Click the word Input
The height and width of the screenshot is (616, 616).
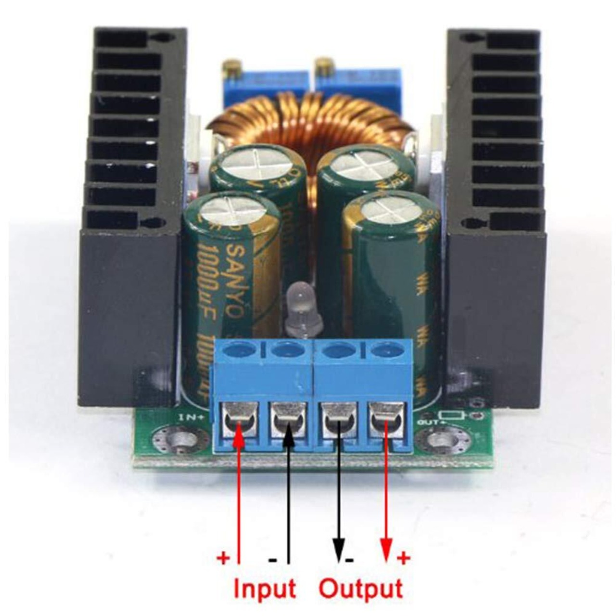click(265, 588)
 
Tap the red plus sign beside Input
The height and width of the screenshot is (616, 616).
click(223, 558)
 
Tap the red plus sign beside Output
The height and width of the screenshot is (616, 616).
click(403, 558)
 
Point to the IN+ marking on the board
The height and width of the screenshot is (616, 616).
click(189, 417)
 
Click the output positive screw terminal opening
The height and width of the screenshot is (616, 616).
click(385, 419)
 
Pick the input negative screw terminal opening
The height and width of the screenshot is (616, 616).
click(288, 419)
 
